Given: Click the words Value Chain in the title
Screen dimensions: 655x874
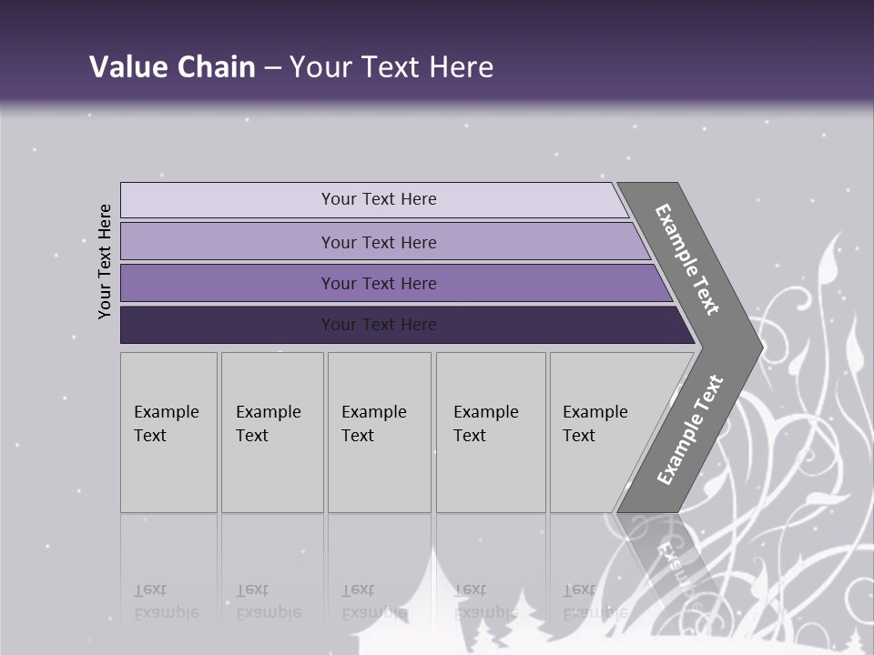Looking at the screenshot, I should (172, 67).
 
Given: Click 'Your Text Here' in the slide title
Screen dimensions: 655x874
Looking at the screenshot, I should (391, 67).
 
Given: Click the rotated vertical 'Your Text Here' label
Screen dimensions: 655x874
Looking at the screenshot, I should (105, 261).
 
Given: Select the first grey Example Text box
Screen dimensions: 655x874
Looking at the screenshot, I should (168, 432).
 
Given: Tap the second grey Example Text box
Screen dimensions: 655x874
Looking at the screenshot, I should (272, 432).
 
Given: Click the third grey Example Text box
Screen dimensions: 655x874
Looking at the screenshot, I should (379, 432).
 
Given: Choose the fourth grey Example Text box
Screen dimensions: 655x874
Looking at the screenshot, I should (491, 432).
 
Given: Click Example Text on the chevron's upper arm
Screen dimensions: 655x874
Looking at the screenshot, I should (687, 259).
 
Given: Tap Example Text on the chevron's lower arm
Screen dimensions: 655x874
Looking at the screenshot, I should (690, 429).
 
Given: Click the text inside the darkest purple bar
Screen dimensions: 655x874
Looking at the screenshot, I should (379, 325).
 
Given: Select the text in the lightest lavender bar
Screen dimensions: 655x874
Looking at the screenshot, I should (379, 199).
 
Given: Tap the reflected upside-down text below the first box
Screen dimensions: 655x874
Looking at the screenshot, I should (166, 601).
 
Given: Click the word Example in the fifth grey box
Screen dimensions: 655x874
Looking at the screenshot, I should (595, 412).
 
